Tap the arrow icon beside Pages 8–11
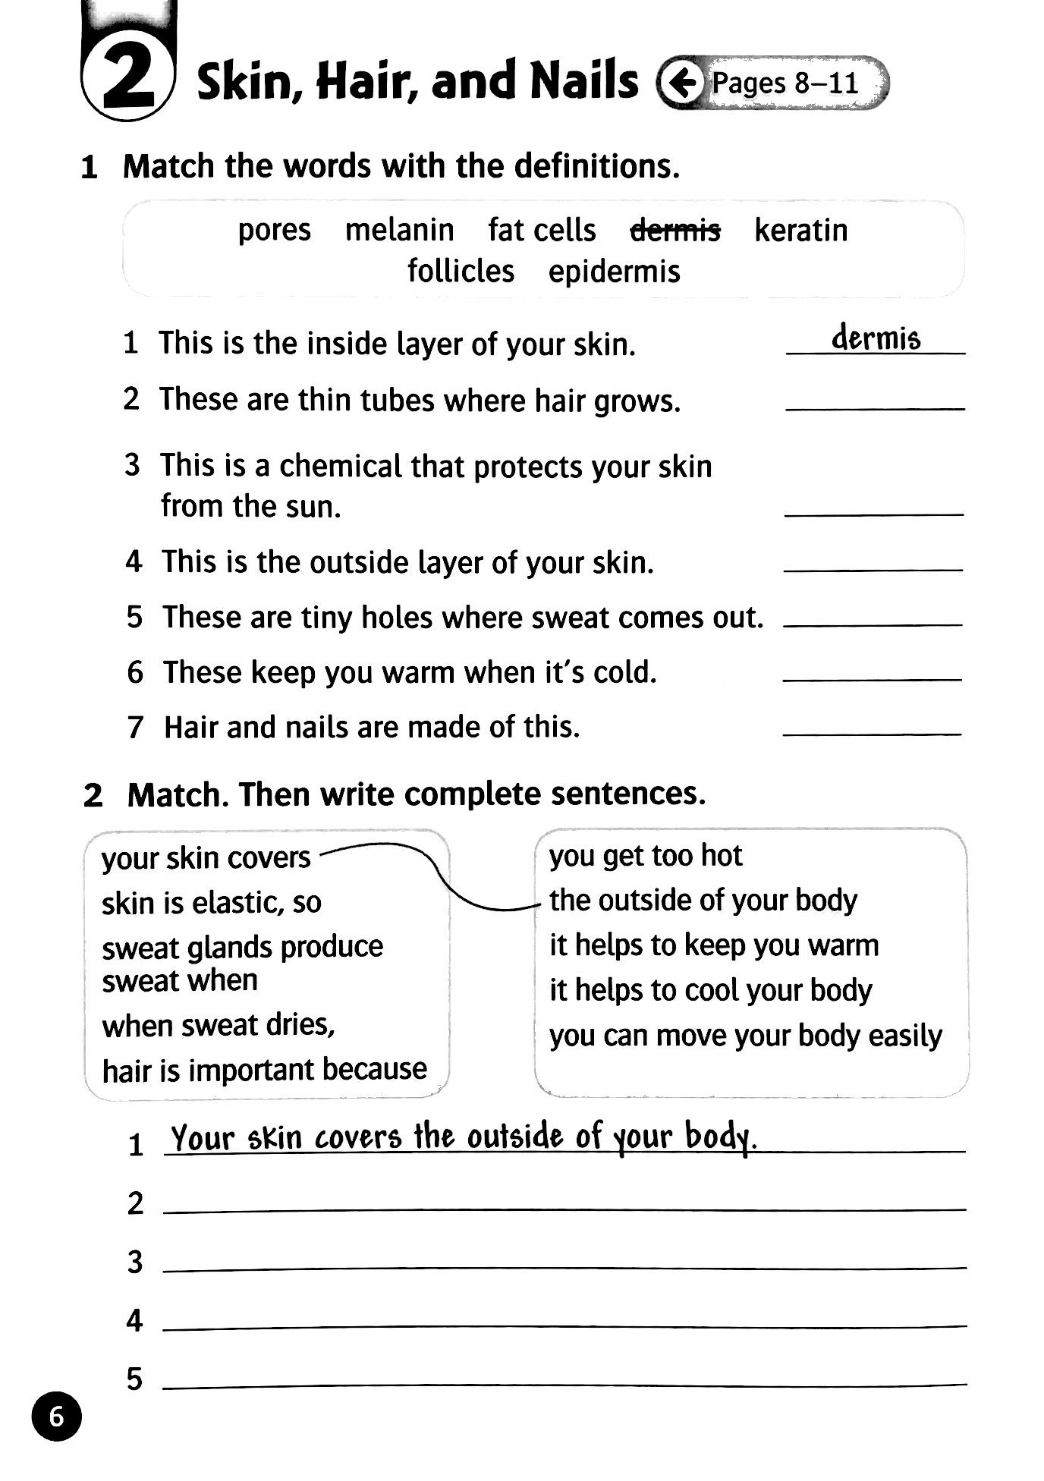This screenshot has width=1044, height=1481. [x=681, y=82]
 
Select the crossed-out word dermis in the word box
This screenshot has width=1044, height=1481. [x=675, y=229]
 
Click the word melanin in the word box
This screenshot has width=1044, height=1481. [x=399, y=229]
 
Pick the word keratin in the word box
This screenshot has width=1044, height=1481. [x=800, y=229]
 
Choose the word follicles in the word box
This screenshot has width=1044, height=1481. [x=461, y=271]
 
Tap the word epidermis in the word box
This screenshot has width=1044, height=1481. [x=614, y=272]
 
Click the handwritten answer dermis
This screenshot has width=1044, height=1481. [x=876, y=338]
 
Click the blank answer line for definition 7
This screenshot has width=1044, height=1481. [x=872, y=733]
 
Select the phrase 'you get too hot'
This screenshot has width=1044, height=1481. [x=645, y=856]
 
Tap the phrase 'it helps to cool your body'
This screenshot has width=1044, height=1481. [x=710, y=991]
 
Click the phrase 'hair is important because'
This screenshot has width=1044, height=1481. [x=264, y=1070]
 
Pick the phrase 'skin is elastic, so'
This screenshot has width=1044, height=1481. [x=211, y=903]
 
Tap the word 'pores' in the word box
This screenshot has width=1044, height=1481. [x=274, y=230]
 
